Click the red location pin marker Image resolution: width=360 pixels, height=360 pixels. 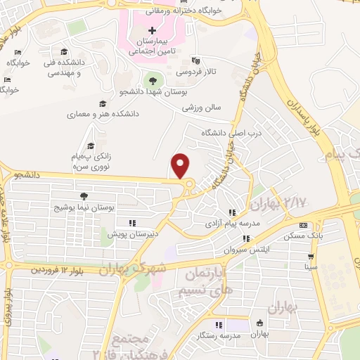(x=181, y=165)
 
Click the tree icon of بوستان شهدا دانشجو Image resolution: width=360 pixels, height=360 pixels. (x=152, y=80)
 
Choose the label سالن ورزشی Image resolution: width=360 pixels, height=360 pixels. (x=202, y=108)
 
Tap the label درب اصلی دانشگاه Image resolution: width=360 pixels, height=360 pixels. (x=211, y=132)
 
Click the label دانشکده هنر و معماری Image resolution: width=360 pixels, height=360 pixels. (x=103, y=113)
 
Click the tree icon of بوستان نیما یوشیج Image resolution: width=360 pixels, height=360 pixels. (x=84, y=196)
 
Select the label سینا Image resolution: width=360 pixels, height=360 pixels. (x=310, y=267)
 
